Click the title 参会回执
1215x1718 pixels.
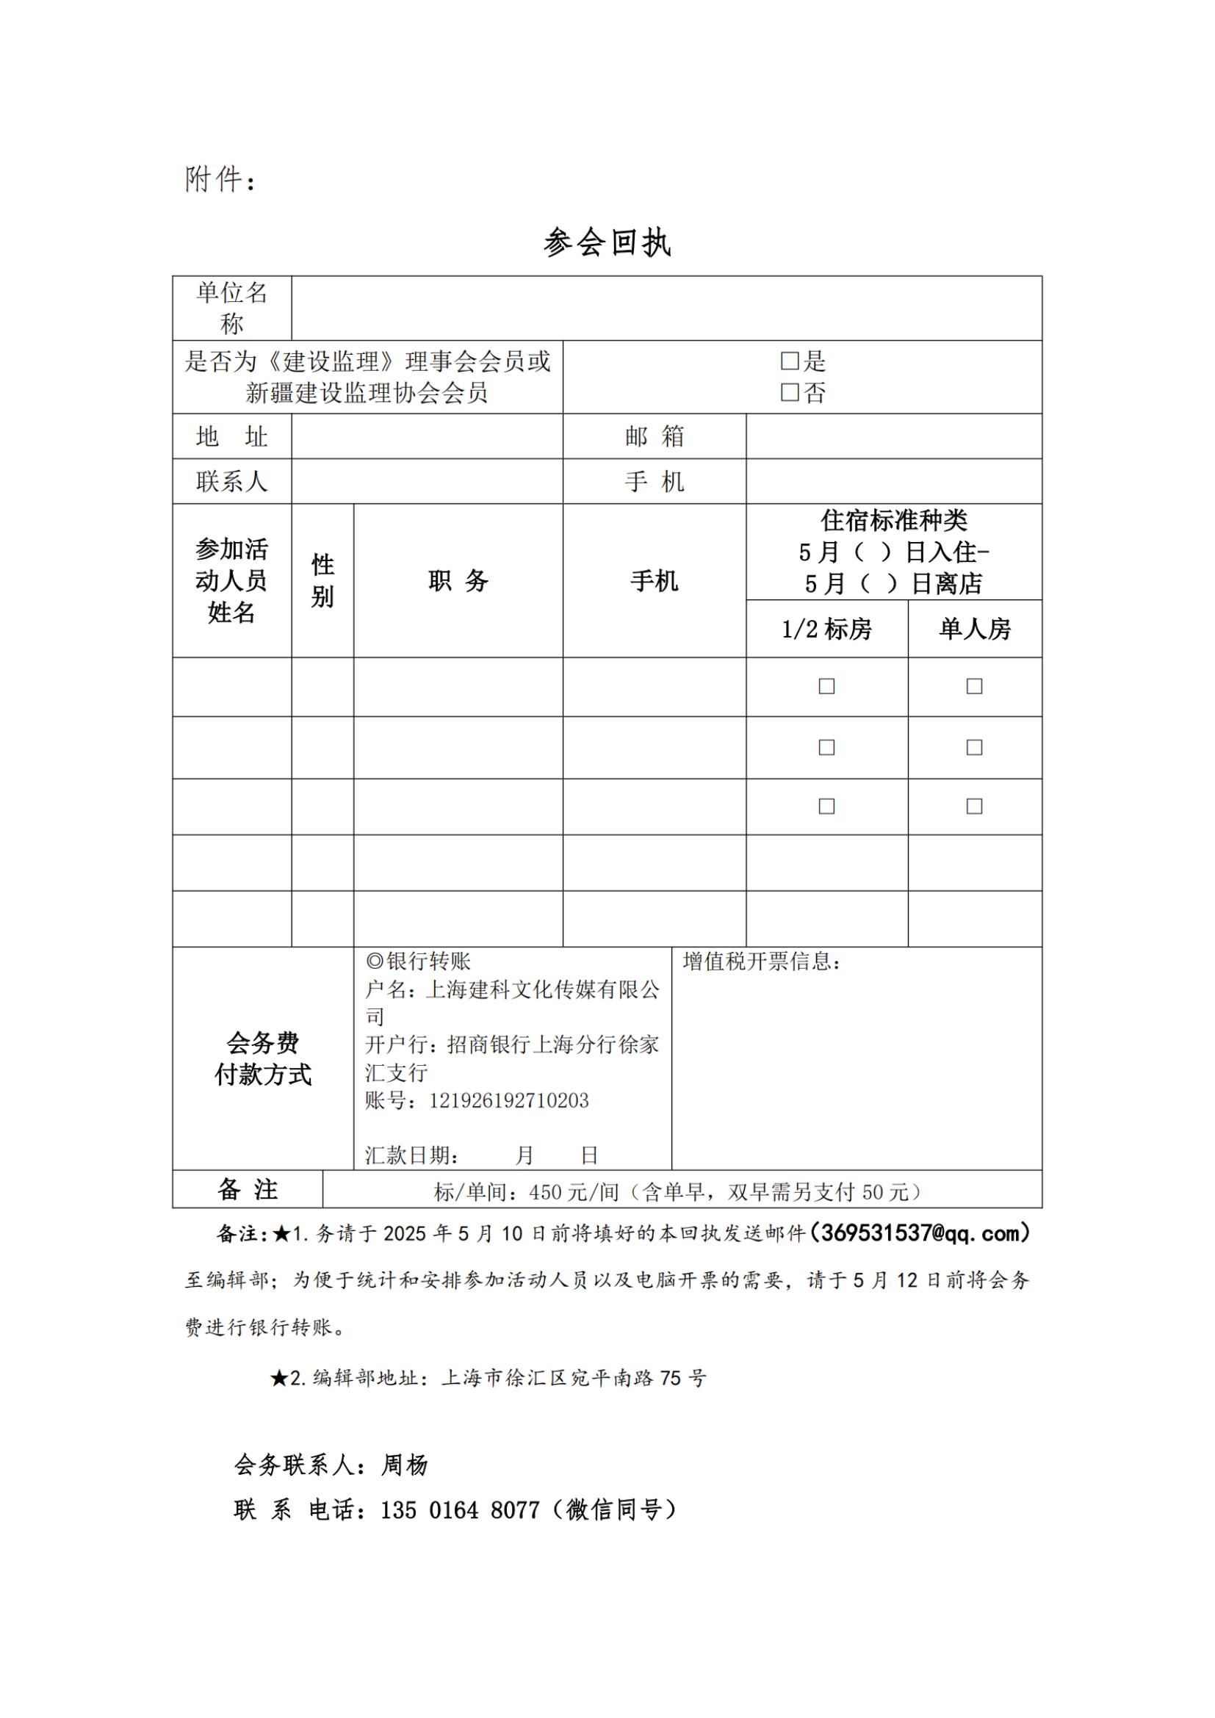coord(607,243)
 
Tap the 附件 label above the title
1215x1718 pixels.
coord(214,179)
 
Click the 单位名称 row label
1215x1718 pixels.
coord(232,308)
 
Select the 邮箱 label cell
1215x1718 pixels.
coord(655,436)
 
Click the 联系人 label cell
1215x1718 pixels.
coord(232,481)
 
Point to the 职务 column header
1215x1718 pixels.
coord(458,581)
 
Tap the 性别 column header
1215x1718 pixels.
coord(322,581)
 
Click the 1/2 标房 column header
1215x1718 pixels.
coord(826,629)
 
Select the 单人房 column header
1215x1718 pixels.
coord(975,629)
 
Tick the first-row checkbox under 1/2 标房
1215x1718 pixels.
coord(826,686)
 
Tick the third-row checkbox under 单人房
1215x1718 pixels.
coord(974,806)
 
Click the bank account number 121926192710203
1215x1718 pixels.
coord(509,1101)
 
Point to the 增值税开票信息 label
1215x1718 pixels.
coord(762,961)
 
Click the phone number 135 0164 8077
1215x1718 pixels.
coord(460,1510)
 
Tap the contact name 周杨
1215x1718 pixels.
coord(404,1465)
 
